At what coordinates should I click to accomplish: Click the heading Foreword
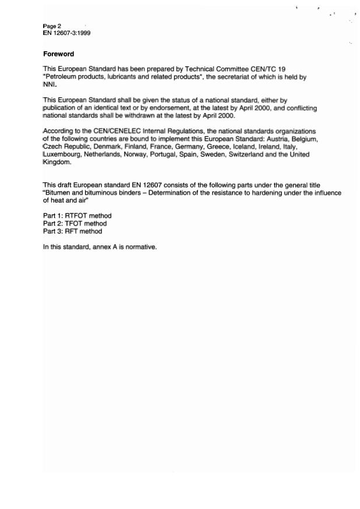59,54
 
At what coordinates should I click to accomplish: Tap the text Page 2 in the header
52,26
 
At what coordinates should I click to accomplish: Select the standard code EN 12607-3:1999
66,33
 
